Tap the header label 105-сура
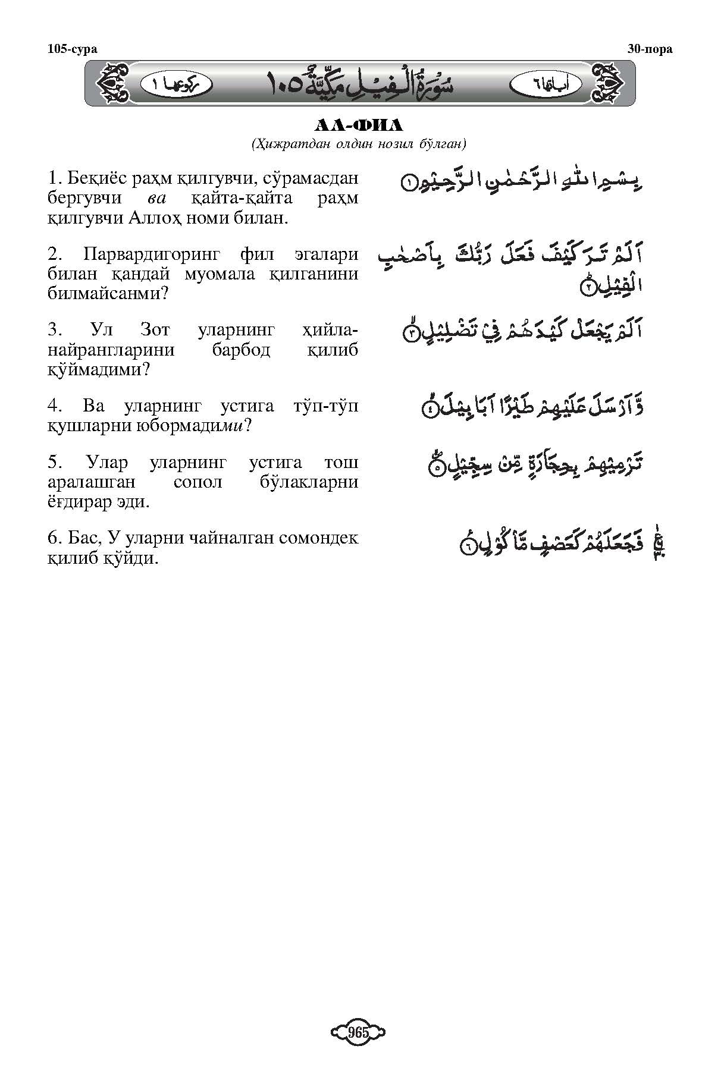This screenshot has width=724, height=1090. [72, 49]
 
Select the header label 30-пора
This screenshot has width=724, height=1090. [650, 49]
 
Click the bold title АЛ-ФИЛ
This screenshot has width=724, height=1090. [358, 125]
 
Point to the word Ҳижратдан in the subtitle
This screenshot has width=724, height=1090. [282, 143]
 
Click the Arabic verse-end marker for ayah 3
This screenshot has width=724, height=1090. [412, 334]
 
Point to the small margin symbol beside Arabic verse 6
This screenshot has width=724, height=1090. [659, 544]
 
